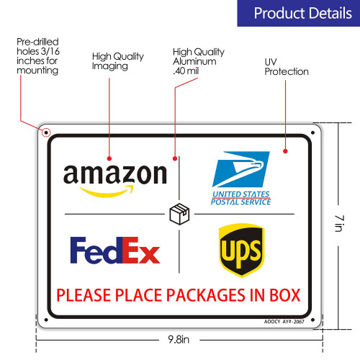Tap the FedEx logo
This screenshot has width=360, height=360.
pos(115,250)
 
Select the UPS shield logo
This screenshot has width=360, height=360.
pos(241,250)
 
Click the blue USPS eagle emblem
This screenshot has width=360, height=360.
pos(241,169)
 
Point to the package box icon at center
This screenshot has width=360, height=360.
pos(179,214)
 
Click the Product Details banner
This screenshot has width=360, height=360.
pos(299,13)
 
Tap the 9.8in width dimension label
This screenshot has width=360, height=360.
pos(179,340)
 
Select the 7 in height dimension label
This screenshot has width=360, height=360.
pos(339,223)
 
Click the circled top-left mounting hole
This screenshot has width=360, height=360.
pos(46,132)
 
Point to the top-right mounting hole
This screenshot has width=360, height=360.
pos(312,132)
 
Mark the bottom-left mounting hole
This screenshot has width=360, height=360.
pos(46,320)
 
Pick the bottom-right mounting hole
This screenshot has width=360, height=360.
pos(312,320)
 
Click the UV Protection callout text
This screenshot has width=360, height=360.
pos(287,67)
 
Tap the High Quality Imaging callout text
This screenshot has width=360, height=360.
pos(118,61)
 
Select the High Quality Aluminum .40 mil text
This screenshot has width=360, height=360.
pos(199,61)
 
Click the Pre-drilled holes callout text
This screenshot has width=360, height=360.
pos(38,56)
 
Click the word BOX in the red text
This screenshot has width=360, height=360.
pos(285,295)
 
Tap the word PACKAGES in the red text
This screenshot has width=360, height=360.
pos(205,295)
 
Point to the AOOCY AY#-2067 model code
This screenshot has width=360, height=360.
pos(284,322)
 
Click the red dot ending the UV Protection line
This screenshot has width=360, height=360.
pos(285,151)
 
